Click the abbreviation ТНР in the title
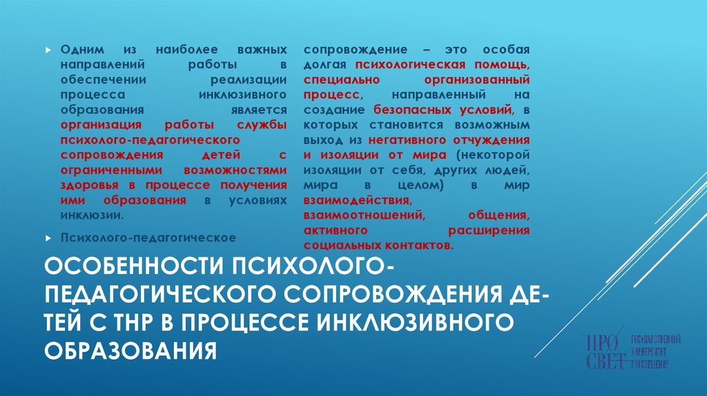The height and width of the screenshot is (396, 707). coord(153,322)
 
